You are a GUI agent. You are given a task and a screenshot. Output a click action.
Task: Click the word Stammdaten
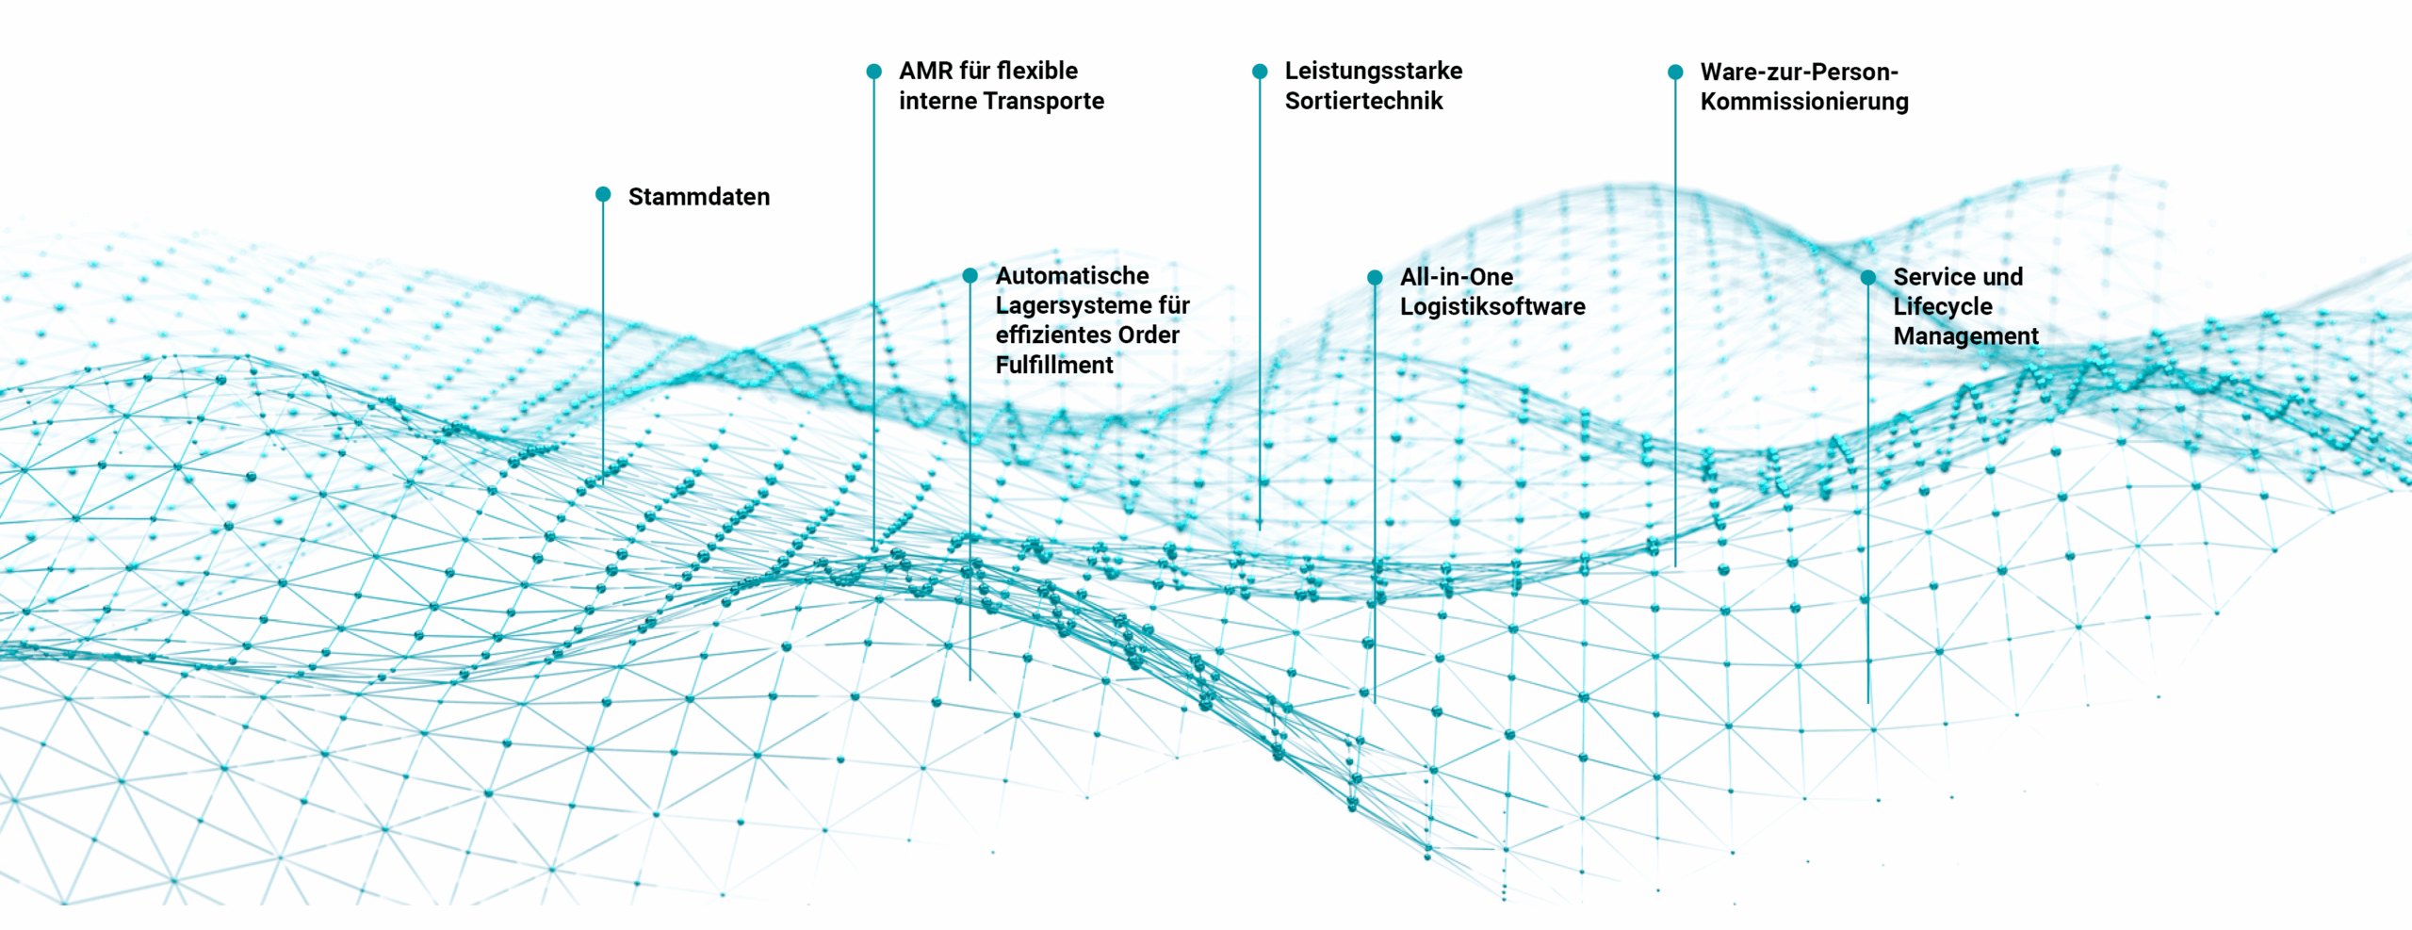(x=698, y=197)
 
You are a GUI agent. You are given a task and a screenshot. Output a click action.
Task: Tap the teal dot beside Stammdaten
(x=603, y=194)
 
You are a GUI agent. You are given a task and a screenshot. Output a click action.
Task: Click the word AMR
(x=925, y=71)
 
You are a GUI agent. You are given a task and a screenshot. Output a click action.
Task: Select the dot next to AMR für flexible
(x=873, y=71)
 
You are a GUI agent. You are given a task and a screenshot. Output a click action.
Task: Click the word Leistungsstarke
(x=1373, y=71)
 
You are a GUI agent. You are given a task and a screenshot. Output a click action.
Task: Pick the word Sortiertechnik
(x=1363, y=101)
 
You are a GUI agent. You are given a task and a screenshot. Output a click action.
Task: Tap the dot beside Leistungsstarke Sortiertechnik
(x=1260, y=72)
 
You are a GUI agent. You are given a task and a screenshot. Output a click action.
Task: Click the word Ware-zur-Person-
(x=1799, y=72)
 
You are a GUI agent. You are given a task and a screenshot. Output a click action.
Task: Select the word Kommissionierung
(x=1804, y=102)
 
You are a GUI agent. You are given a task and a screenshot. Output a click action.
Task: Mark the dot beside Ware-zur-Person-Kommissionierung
(x=1675, y=72)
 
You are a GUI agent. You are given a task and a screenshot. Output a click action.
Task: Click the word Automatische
(x=1072, y=276)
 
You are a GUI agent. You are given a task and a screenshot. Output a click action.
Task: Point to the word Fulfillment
(x=1054, y=365)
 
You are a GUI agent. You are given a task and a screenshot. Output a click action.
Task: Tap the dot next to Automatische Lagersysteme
(x=970, y=275)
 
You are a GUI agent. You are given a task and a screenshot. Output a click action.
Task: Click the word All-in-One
(x=1456, y=277)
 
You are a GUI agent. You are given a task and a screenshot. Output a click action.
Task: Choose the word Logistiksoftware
(x=1492, y=306)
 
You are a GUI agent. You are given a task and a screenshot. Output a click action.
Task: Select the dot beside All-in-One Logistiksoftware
(x=1375, y=277)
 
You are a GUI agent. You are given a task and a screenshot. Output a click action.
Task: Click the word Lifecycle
(x=1943, y=306)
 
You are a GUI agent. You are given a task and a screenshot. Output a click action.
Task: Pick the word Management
(x=1965, y=336)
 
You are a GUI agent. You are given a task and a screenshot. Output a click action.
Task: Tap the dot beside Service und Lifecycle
(x=1868, y=277)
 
